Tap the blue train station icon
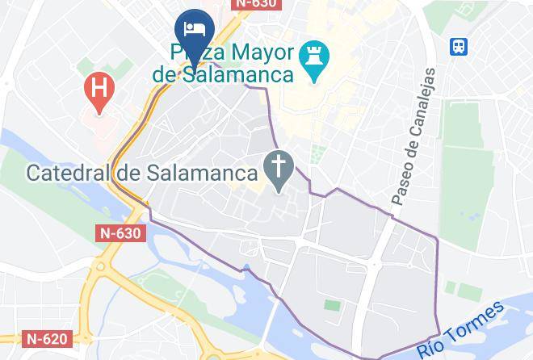coord(460,46)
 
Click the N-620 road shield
coord(45,339)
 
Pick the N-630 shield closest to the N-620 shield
coord(120,233)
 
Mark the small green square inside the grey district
coord(332,306)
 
